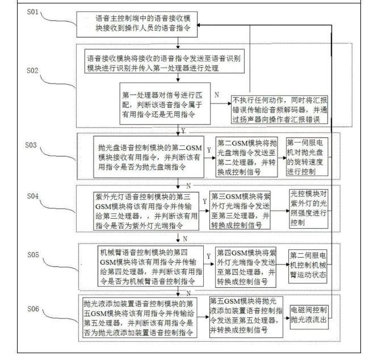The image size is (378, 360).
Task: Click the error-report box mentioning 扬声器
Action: coord(278,108)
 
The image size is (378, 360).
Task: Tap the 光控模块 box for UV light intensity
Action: coord(309,207)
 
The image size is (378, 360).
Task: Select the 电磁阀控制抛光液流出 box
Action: coord(309,315)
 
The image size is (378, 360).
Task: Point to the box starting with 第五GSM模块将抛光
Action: coord(246,316)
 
